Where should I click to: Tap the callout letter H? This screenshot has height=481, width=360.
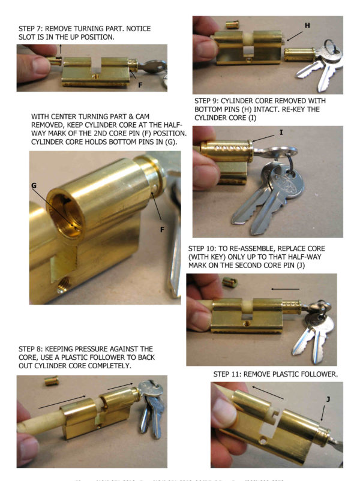[x=307, y=26]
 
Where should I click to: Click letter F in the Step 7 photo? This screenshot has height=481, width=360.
[x=140, y=85]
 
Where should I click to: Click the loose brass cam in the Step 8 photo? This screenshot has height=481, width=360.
[x=52, y=381]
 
